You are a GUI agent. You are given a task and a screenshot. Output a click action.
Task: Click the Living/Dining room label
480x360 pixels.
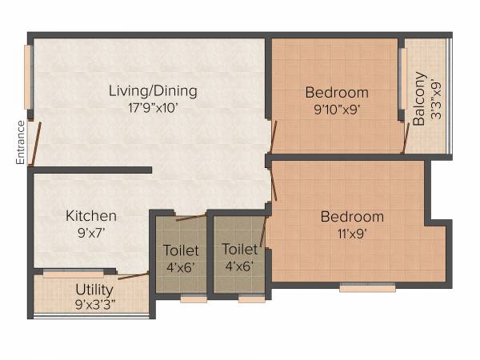(x=153, y=91)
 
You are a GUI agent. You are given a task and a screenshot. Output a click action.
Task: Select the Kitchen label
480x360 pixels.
(x=91, y=216)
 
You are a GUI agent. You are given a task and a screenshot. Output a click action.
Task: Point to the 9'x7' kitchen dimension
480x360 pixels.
(x=91, y=233)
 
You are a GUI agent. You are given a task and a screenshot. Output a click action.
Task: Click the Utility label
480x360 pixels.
(x=94, y=289)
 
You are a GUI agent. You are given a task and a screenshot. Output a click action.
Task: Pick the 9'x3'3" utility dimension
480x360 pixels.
(x=94, y=304)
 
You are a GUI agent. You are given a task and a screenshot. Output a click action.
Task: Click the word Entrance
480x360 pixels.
(x=21, y=142)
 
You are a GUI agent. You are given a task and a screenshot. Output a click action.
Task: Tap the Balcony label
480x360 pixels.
(x=419, y=98)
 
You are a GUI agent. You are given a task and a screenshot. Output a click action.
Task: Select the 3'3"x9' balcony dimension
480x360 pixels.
(x=436, y=98)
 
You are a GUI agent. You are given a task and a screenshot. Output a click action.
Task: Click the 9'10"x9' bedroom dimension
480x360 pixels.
(x=337, y=110)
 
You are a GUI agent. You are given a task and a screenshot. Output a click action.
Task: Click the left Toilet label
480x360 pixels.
(x=181, y=250)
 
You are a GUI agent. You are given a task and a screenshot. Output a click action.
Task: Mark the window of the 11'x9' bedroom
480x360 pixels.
(x=356, y=288)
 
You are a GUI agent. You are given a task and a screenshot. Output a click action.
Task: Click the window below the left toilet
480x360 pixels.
(x=193, y=299)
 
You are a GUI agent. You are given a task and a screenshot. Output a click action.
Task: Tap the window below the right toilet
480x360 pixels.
(x=251, y=299)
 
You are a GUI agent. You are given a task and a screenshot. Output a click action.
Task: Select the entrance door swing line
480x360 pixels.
(x=33, y=144)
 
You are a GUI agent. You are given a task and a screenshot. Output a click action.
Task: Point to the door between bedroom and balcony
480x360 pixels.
(x=405, y=138)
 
